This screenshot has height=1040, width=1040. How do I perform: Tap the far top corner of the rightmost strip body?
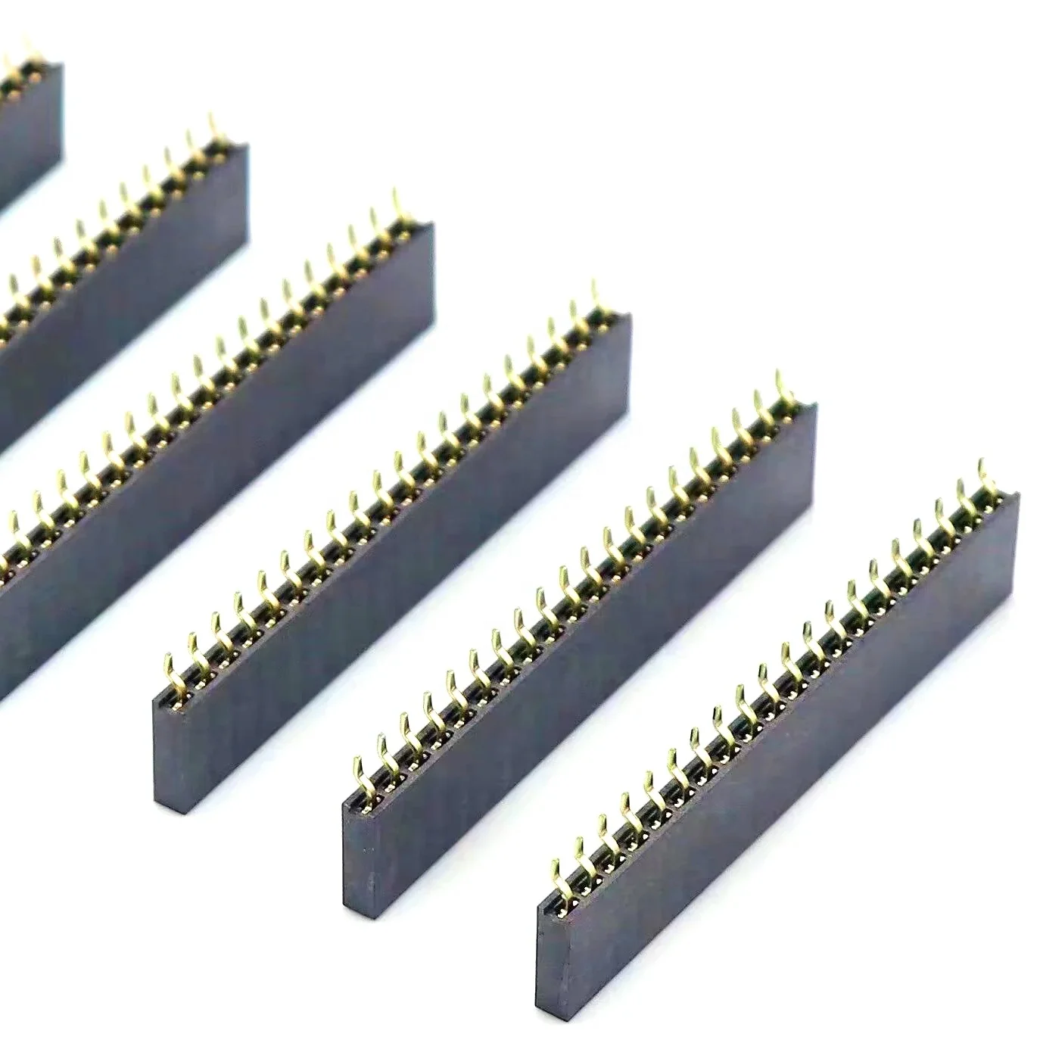pyautogui.click(x=1017, y=497)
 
